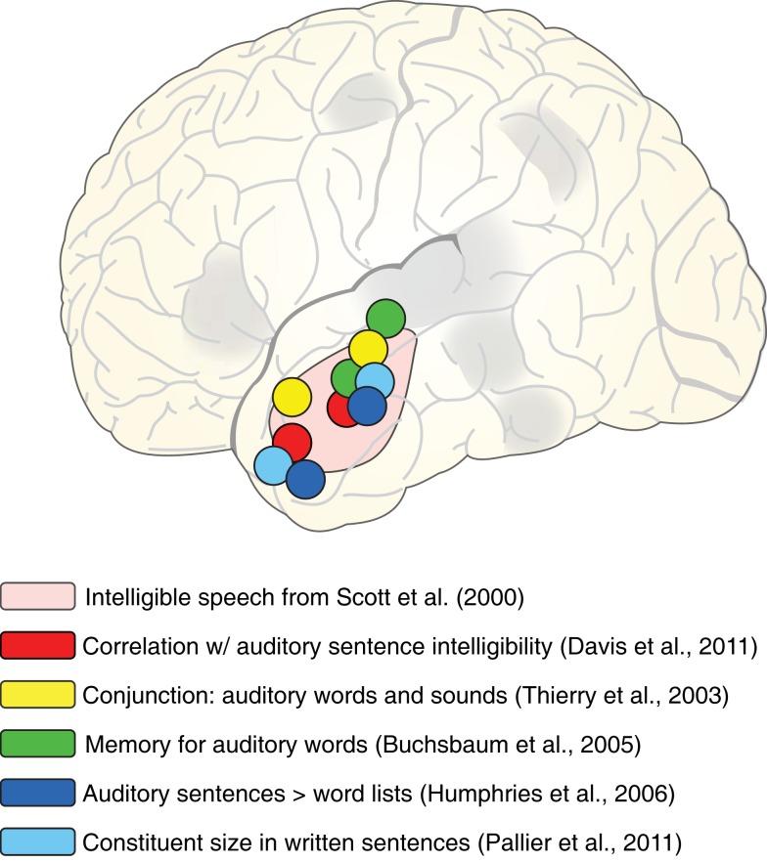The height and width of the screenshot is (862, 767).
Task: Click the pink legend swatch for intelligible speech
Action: tap(38, 596)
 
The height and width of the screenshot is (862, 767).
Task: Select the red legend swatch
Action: tap(38, 645)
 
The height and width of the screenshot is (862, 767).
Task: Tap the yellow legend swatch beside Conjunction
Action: tap(38, 694)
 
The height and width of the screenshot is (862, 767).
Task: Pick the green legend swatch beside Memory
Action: tap(38, 743)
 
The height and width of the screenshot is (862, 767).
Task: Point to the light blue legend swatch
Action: tap(38, 840)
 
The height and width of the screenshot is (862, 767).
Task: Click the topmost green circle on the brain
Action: tap(385, 318)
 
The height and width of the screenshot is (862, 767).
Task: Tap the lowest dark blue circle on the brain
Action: tap(305, 479)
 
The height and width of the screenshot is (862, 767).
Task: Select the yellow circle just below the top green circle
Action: tap(368, 349)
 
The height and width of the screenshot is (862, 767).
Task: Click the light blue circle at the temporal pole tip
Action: tap(274, 465)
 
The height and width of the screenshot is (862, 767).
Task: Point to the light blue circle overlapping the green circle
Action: tap(375, 381)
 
